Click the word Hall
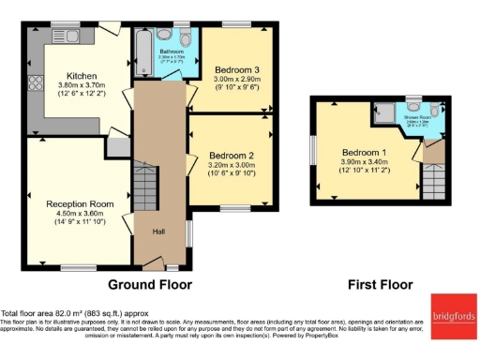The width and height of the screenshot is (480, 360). pos(158,232)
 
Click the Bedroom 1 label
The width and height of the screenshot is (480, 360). pos(362,153)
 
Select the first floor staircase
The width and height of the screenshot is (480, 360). pos(434,176)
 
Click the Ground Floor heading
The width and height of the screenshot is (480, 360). pos(150,284)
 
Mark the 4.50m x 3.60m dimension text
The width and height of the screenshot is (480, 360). pos(80,212)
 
